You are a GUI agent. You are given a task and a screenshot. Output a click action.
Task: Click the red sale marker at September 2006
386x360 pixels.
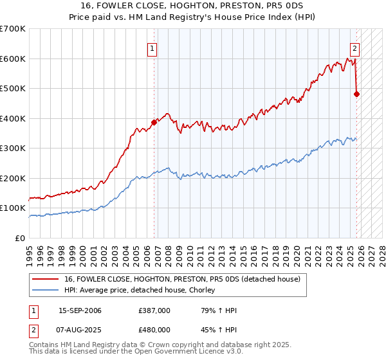(154, 122)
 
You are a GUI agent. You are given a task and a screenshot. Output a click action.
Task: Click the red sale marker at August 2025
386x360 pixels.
(357, 94)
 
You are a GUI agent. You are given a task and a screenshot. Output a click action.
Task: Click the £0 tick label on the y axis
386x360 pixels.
(21, 238)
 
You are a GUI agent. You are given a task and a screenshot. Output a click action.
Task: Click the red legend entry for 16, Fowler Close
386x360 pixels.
(182, 280)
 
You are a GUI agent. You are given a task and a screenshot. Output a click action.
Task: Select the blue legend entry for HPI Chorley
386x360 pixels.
(143, 291)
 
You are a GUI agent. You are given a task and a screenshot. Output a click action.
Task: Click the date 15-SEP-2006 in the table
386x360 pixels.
(80, 310)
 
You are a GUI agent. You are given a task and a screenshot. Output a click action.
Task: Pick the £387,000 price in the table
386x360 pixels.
(154, 310)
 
